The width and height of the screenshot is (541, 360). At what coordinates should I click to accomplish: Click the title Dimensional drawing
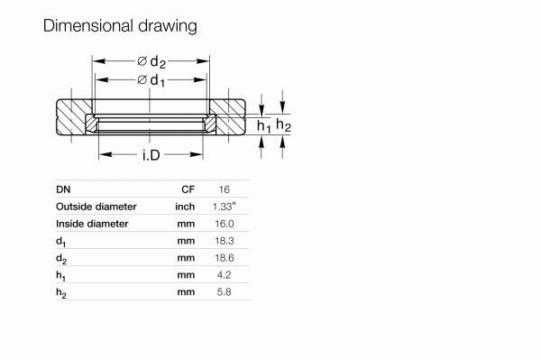click(x=120, y=26)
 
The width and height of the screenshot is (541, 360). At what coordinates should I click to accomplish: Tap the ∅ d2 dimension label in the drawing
click(x=151, y=61)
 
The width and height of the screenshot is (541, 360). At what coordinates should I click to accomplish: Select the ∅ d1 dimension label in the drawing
click(x=151, y=80)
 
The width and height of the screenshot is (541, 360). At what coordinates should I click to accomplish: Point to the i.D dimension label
click(x=151, y=156)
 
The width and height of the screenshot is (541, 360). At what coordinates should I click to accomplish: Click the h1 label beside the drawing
click(x=263, y=126)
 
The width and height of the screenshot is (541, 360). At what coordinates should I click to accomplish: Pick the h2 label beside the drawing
click(x=283, y=125)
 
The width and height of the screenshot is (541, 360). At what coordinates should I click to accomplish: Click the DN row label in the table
click(x=63, y=189)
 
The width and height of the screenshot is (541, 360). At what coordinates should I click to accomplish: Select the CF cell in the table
click(x=188, y=189)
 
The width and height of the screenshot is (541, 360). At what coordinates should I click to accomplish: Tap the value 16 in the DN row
click(x=225, y=189)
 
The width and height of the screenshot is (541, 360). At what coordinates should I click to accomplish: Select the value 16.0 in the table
click(x=225, y=223)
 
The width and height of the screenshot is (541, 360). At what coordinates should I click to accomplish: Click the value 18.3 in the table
click(x=225, y=241)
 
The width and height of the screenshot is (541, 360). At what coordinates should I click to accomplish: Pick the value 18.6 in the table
click(x=225, y=258)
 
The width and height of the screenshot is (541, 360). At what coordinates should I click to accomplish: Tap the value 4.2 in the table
click(x=225, y=274)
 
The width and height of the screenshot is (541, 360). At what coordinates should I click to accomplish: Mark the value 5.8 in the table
click(x=225, y=291)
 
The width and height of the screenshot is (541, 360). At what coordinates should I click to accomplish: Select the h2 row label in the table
click(x=60, y=292)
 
